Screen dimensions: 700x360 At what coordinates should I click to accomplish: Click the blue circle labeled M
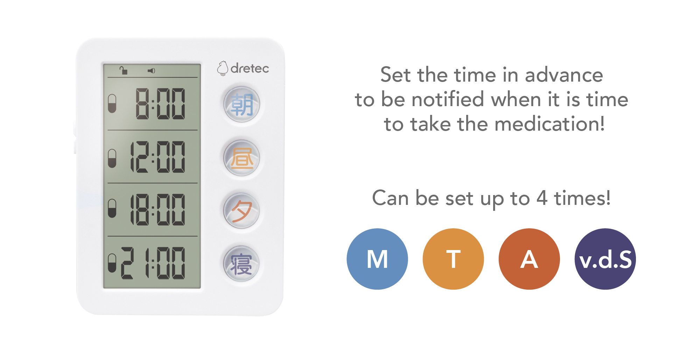coord(377,259)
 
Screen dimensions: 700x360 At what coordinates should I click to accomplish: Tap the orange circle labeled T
coord(453,259)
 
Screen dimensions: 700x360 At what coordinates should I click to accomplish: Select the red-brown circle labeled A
coord(529,259)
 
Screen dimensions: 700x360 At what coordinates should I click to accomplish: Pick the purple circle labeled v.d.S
coord(605,259)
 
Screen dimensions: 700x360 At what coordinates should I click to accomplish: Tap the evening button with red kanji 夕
coord(241,210)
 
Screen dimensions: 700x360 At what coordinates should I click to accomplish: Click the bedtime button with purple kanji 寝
coord(241,264)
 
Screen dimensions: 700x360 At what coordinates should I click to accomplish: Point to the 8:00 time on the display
coord(160,104)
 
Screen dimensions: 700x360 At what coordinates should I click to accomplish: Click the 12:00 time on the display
coord(157,157)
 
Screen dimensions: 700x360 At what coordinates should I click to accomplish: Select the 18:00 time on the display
coord(157,210)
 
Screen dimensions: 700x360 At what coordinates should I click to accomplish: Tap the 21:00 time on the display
coord(153,263)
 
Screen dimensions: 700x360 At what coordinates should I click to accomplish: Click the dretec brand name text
coord(250,68)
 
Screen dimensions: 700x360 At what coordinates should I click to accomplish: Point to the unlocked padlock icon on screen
coord(123,70)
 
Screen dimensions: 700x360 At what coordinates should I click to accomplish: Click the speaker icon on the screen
coord(151,71)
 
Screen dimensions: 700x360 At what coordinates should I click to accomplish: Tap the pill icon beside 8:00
coord(112,104)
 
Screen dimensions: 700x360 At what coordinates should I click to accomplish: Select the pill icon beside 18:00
coord(112,209)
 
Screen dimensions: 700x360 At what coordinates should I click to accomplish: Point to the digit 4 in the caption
coord(542,198)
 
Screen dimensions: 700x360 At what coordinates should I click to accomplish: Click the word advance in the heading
coord(564,75)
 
